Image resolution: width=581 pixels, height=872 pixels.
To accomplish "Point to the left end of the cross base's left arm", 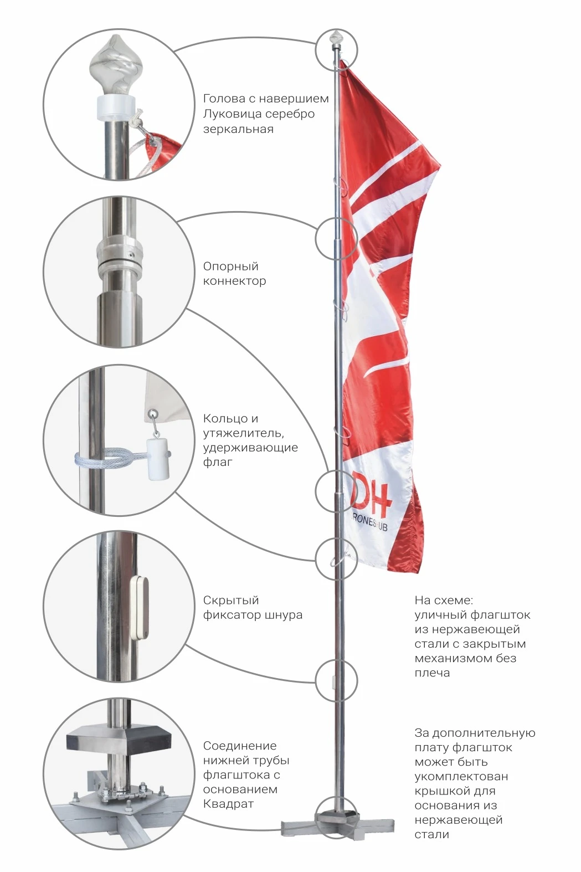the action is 282,824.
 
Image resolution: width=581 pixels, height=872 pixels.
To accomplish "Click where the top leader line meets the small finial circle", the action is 316,43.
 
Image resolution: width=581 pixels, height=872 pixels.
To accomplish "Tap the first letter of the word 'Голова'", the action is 207,99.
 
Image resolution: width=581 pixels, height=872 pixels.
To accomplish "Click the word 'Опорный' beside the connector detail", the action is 231,266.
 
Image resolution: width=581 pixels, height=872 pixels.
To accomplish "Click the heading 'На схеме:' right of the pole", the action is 444,601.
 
